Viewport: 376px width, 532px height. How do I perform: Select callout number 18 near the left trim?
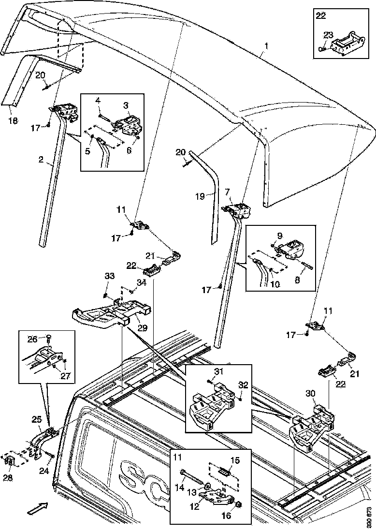tap(13, 120)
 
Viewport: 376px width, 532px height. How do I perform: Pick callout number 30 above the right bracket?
tap(311, 394)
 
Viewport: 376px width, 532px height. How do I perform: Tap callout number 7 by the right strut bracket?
tap(227, 192)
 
